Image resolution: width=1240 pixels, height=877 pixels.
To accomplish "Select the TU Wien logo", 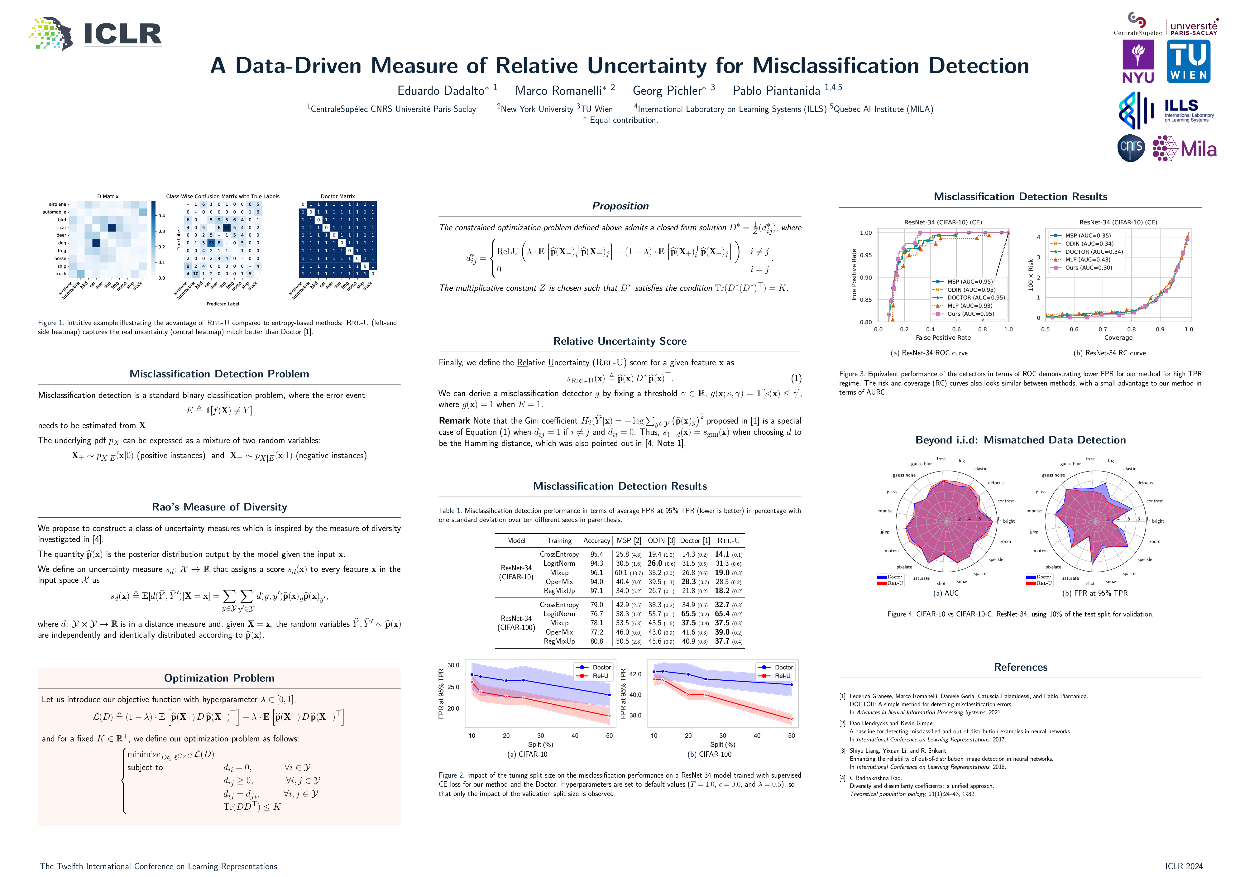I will point(1188,62).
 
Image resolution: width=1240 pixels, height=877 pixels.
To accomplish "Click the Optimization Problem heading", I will point(219,678).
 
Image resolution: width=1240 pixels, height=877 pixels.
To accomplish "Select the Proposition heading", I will point(620,206).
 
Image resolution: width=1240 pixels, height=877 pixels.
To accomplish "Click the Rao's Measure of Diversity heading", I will point(219,506).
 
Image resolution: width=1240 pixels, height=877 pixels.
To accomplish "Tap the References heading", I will point(1020,667).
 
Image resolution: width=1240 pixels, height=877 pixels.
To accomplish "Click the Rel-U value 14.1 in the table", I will point(722,554).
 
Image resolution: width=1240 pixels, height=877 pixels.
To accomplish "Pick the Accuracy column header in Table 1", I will point(596,540).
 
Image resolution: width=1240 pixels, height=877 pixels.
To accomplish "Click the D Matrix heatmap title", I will point(108,197).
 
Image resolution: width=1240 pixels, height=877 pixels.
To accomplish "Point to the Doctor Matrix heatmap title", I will point(338,197).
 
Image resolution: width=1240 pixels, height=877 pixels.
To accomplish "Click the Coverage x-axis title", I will point(1118,338).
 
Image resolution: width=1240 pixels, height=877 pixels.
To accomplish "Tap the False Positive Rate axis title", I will point(943,338).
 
